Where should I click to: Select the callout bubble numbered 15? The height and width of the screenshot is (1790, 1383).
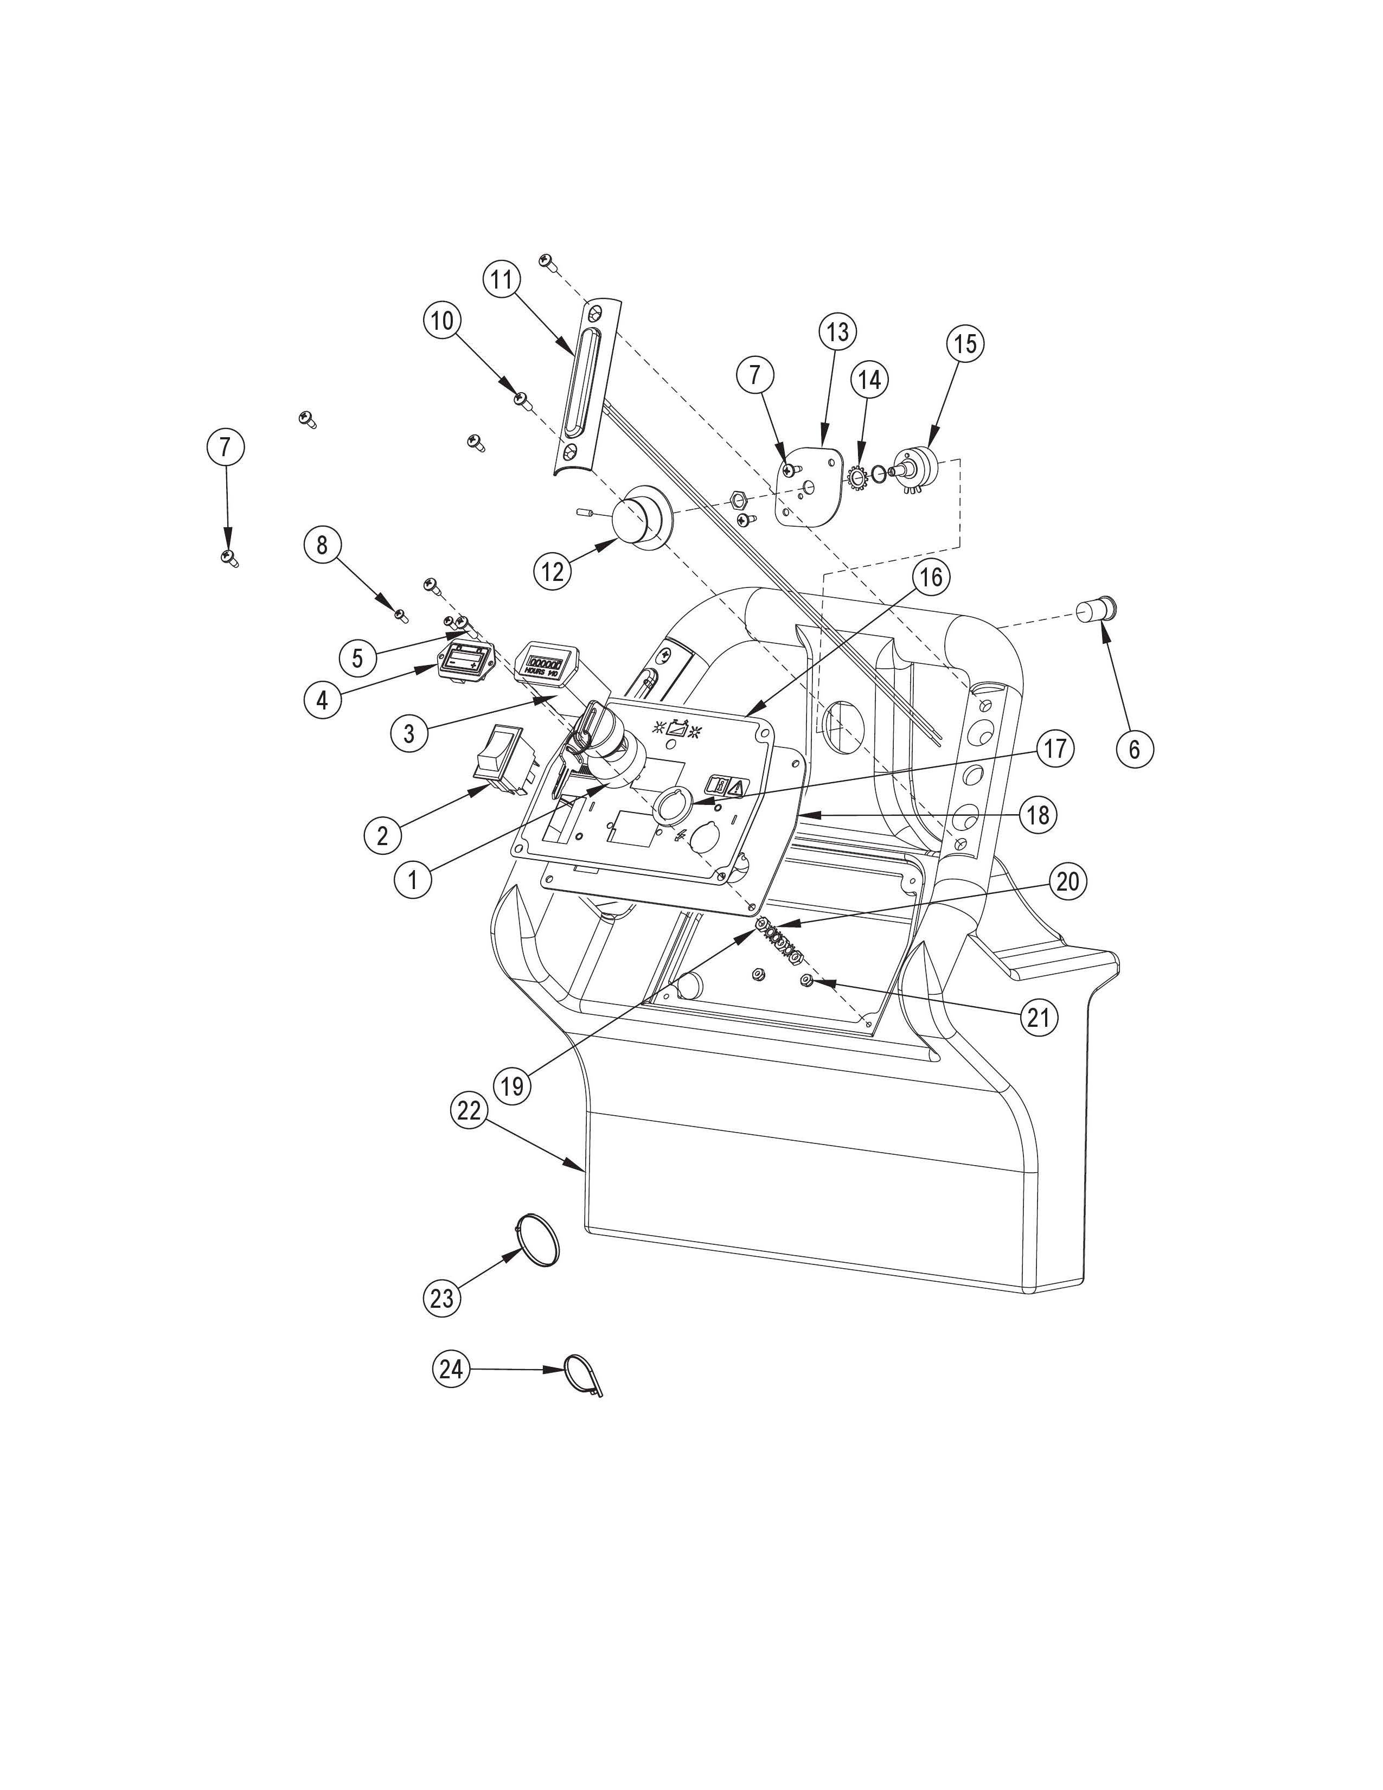965,343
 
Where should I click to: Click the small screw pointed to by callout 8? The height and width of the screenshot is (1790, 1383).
400,614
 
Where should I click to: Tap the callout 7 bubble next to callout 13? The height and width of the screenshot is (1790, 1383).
754,375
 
